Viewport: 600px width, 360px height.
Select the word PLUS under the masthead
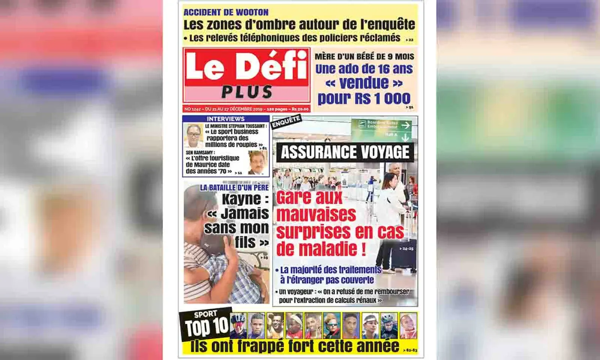(x=247, y=92)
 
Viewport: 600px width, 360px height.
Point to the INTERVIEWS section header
(x=225, y=119)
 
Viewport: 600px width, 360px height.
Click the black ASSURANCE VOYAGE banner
(x=345, y=152)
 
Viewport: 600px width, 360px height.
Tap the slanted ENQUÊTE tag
(x=286, y=121)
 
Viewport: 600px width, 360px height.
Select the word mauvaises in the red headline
(x=316, y=214)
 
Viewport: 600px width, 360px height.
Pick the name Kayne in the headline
(x=241, y=199)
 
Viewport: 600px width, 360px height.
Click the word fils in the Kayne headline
(x=245, y=242)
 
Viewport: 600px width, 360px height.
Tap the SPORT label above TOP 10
(x=205, y=314)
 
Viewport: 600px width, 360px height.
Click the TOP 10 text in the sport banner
(x=207, y=327)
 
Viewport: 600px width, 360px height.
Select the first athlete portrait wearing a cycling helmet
(x=238, y=325)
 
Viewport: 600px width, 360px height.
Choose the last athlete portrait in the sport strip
(x=408, y=325)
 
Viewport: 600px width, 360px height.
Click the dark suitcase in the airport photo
(x=403, y=255)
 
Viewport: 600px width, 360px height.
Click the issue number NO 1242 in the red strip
(x=193, y=109)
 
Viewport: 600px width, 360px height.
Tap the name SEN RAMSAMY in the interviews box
(x=200, y=153)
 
